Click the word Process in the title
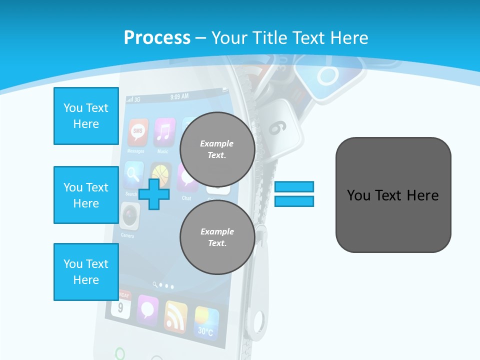coord(157,38)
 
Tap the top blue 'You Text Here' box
coord(86,116)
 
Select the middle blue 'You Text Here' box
coord(86,195)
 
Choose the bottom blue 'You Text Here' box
coord(86,272)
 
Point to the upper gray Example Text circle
coord(217,149)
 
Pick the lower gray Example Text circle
coord(217,237)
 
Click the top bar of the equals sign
coord(294,186)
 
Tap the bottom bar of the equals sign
coord(294,201)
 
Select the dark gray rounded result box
coord(393,195)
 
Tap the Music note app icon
coord(164,131)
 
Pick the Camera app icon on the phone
coord(129,215)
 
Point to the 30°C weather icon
coord(206,321)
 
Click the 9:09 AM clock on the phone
coord(179,96)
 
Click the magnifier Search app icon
coord(133,175)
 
